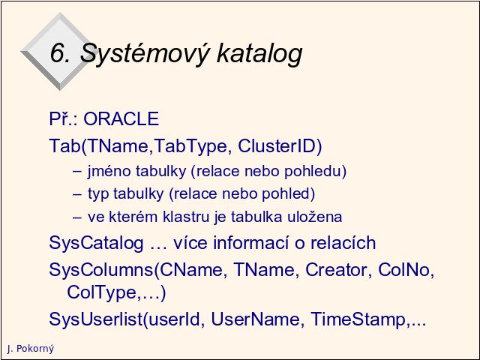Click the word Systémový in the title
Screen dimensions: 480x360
pos(145,53)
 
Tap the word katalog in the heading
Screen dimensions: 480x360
pos(259,52)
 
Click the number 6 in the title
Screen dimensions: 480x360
pos(57,52)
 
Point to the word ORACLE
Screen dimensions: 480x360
pos(121,118)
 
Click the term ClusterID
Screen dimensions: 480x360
pos(280,146)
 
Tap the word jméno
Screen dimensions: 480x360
pos(109,171)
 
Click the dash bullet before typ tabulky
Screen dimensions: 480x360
pos(77,194)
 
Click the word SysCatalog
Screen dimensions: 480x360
pos(96,243)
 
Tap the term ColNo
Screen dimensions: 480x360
pos(403,270)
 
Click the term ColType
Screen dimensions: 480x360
pos(101,292)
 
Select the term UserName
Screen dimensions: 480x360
pos(256,319)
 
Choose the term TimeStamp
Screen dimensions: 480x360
pos(358,319)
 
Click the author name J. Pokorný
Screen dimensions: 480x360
pos(30,349)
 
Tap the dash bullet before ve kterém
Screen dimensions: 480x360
pos(77,217)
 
